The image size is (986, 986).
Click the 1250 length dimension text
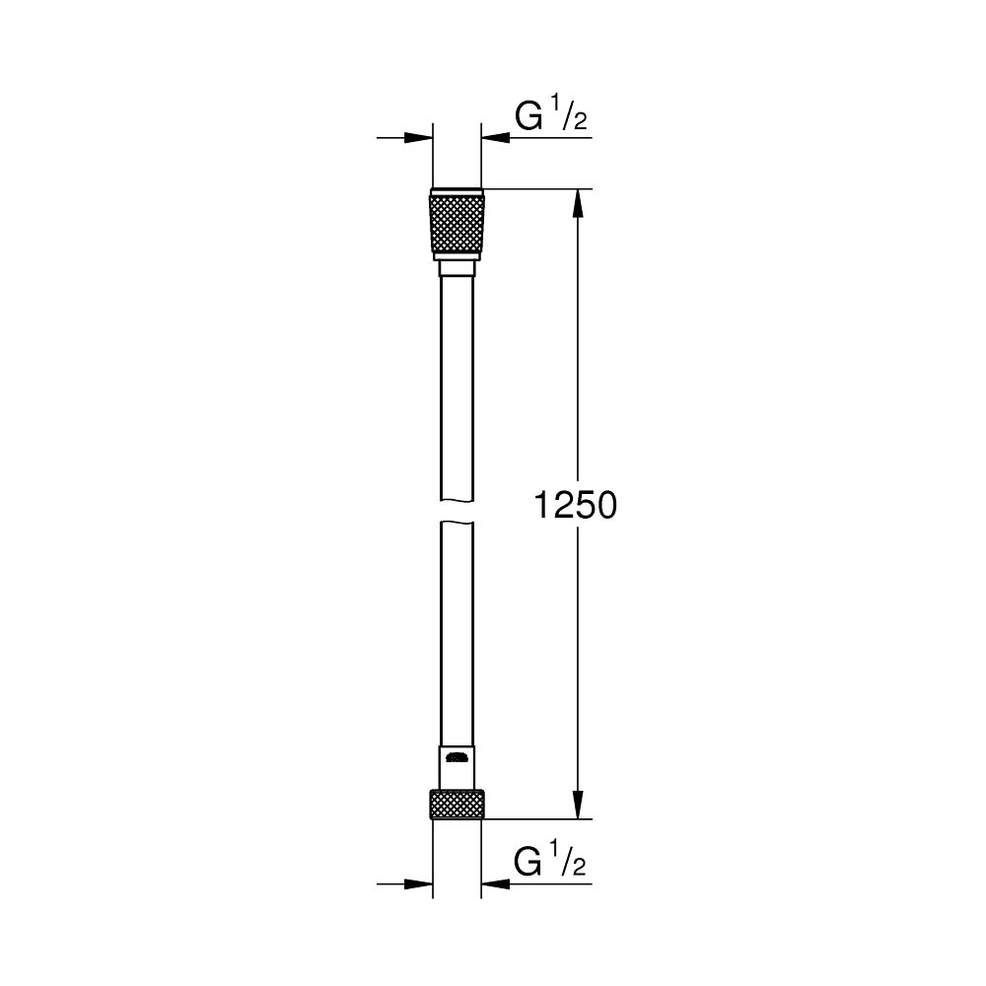[x=575, y=506]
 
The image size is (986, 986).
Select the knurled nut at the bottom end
[x=457, y=804]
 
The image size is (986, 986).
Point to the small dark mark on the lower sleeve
[x=457, y=758]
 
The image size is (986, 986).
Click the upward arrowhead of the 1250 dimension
[x=580, y=202]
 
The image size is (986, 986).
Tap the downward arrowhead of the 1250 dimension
[x=580, y=804]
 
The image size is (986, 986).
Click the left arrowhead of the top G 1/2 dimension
[x=421, y=138]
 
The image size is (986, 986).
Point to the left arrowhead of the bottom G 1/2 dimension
[x=421, y=884]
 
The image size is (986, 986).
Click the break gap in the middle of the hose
[x=457, y=514]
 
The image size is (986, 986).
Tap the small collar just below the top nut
[x=457, y=268]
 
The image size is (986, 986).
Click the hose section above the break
[x=457, y=394]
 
